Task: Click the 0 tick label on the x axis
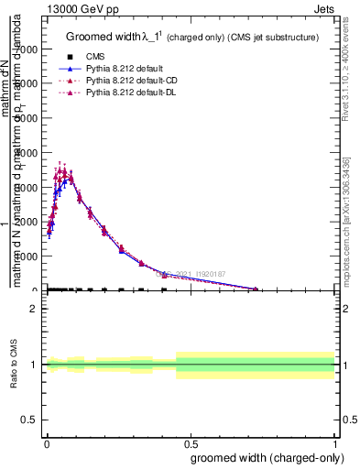(47, 443)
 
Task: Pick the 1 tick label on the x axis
(336, 443)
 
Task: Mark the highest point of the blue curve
(71, 176)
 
